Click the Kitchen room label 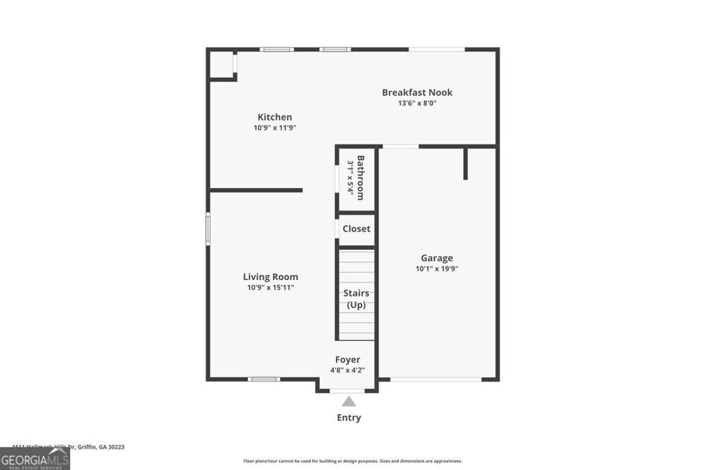tap(275, 117)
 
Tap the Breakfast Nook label tap(417, 92)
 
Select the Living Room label tap(271, 277)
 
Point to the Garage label tap(436, 258)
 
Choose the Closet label tap(357, 228)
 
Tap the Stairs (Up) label tap(356, 299)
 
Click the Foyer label tap(348, 359)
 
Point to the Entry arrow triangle tap(349, 402)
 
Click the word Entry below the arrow tap(348, 418)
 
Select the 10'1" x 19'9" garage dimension tap(436, 269)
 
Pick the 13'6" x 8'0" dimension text tap(417, 103)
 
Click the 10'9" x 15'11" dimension tap(271, 288)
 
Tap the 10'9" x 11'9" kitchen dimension tap(275, 128)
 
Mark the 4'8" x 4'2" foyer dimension tap(348, 370)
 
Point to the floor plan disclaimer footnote tap(352, 461)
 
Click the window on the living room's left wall tap(208, 228)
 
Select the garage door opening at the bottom tap(436, 379)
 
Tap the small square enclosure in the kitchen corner tap(222, 64)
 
